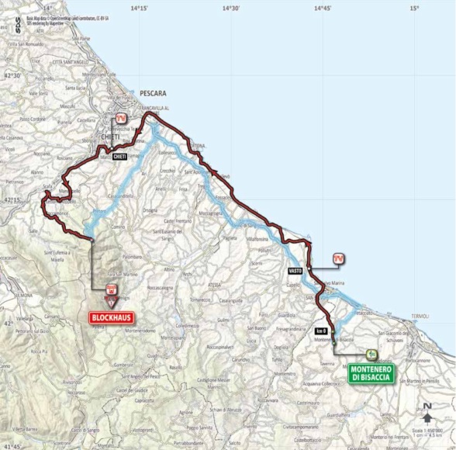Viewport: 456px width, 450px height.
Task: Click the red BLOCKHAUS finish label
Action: point(110,317)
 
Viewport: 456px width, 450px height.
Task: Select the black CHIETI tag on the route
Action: point(119,156)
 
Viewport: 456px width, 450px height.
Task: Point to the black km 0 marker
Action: point(321,330)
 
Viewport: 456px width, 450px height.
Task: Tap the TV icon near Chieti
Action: point(120,118)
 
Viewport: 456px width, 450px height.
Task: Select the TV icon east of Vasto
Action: point(338,258)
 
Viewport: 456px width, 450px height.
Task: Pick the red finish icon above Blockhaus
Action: point(112,291)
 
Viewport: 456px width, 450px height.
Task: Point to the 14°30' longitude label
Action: point(230,7)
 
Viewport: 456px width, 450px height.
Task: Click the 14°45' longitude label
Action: point(322,7)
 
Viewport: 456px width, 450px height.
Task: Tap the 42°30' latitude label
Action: point(11,75)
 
